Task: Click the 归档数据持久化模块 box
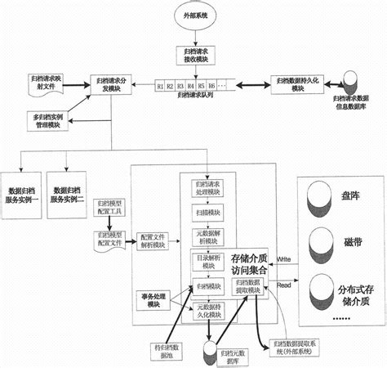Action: pos(297,83)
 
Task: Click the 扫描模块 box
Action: pos(207,212)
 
